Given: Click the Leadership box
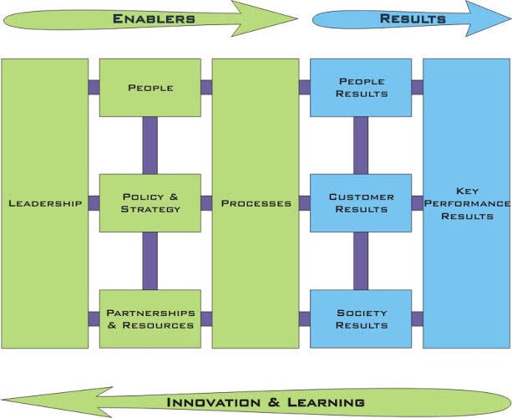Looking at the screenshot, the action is pos(45,203).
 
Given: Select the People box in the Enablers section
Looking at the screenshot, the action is pos(150,88).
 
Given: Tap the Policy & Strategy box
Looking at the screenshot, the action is pos(150,203).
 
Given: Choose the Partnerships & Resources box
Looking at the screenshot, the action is pos(150,319).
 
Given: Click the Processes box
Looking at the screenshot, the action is pos(256,203).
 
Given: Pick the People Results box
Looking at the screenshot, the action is pos(361,88).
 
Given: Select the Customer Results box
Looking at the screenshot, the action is pos(361,203).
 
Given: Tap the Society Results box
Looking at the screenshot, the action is pos(361,319).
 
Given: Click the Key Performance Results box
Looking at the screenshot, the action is pos(466,203).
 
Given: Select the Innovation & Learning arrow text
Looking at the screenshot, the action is pos(266,401).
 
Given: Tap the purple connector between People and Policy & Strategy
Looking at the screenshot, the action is pos(150,145).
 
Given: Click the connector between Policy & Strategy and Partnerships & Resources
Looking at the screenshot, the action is pos(150,261).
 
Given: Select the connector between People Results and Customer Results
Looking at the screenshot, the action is pos(361,145).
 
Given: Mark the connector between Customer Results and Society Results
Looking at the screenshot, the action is pos(361,261).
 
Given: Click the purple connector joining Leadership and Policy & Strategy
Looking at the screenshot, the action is pos(94,203).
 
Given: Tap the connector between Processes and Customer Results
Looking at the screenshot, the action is pos(304,203).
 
